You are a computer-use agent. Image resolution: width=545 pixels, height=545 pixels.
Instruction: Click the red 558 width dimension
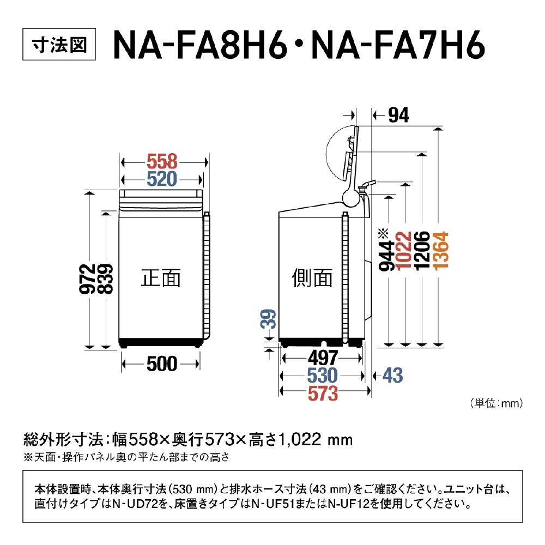(162, 162)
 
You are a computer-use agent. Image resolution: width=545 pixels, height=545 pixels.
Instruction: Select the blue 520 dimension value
(162, 179)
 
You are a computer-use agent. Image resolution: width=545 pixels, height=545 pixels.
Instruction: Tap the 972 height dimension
(88, 278)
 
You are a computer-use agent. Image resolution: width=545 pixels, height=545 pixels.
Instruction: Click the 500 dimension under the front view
(162, 364)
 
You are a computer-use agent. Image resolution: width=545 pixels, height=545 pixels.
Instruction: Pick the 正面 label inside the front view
(161, 278)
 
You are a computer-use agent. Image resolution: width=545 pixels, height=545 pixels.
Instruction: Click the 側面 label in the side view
(312, 278)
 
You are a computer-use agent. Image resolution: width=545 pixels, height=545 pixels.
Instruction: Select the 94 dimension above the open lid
(398, 115)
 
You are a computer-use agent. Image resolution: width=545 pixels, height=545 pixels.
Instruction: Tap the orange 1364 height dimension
(441, 251)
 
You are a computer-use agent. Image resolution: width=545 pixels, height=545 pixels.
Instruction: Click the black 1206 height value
(422, 251)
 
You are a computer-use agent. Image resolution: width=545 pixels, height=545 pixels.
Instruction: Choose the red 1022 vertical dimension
(404, 251)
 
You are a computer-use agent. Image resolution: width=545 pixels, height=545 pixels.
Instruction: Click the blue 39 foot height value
(268, 319)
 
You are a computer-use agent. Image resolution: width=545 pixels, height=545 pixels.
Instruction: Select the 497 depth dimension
(323, 358)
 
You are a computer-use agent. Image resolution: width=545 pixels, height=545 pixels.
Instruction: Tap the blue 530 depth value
(323, 376)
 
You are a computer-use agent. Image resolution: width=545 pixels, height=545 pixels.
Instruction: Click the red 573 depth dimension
(323, 393)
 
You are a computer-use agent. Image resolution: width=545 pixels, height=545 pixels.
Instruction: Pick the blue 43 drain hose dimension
(393, 376)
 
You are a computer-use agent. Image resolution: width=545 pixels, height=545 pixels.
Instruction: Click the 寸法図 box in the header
(59, 44)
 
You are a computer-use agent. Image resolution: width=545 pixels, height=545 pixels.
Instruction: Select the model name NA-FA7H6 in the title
(398, 45)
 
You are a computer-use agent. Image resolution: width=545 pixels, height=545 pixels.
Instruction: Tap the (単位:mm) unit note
(496, 403)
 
